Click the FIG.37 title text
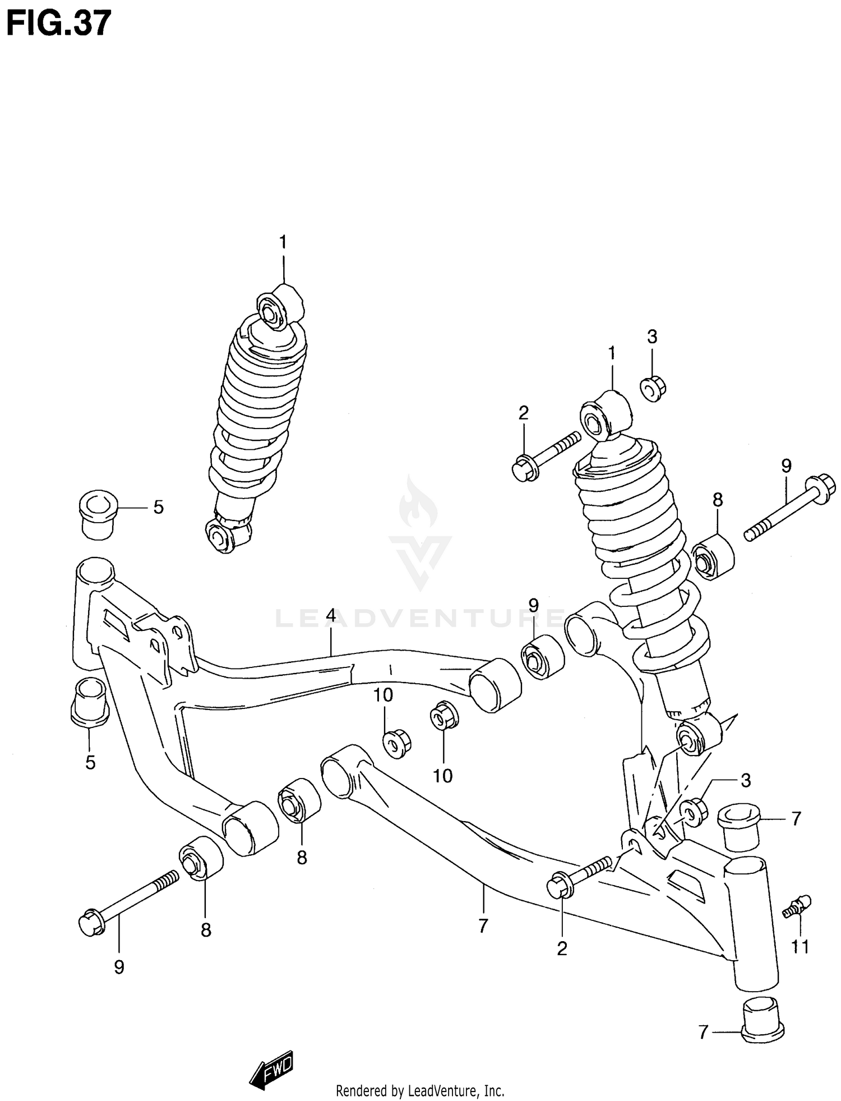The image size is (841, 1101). pyautogui.click(x=58, y=24)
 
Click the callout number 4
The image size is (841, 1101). pyautogui.click(x=331, y=615)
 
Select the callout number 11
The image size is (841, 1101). pyautogui.click(x=800, y=947)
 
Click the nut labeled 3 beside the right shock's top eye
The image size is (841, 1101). pyautogui.click(x=653, y=389)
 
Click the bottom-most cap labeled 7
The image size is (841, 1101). pyautogui.click(x=763, y=1026)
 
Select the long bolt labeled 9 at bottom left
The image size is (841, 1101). pyautogui.click(x=129, y=903)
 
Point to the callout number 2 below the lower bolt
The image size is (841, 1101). pyautogui.click(x=562, y=948)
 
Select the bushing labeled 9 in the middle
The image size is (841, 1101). pyautogui.click(x=542, y=657)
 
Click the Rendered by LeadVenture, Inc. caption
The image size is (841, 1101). pyautogui.click(x=420, y=1091)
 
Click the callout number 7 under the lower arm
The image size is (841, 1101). pyautogui.click(x=483, y=925)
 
